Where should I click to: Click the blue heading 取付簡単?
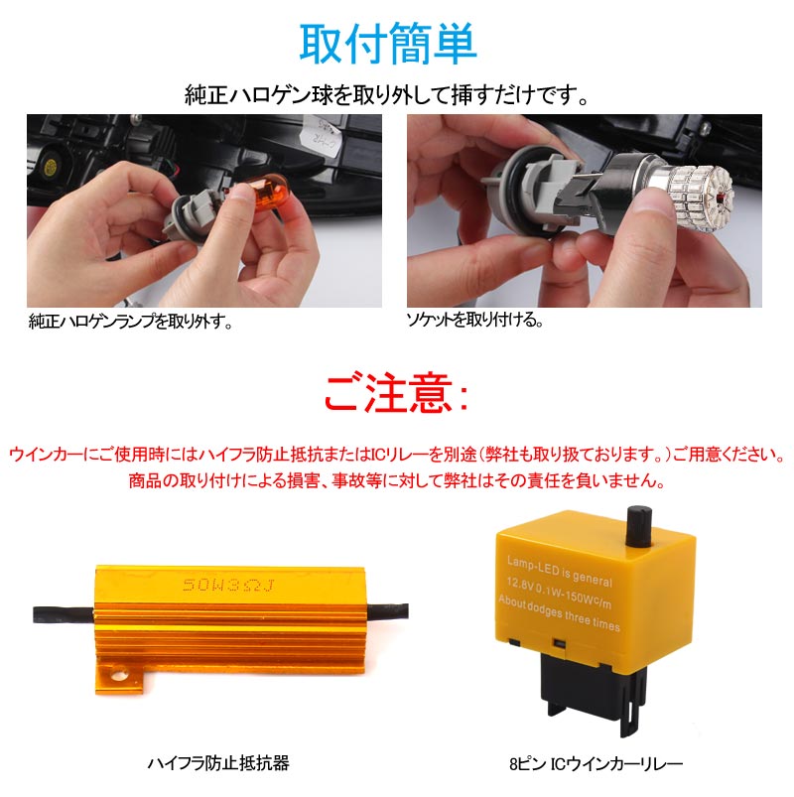388,45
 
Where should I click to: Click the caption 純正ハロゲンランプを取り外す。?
129,323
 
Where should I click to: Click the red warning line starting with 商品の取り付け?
396,480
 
